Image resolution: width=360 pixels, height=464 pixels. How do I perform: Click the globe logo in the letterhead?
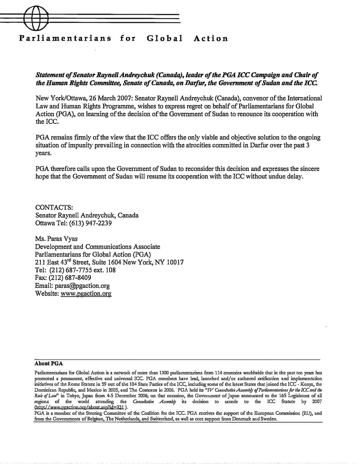36,19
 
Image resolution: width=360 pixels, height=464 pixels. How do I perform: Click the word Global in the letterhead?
165,38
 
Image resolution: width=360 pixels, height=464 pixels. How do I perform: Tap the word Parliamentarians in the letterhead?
65,38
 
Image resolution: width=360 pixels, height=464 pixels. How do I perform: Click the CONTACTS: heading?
54,207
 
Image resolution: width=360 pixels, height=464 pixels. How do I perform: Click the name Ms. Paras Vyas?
56,239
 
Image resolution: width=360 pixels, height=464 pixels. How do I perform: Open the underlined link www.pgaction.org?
86,294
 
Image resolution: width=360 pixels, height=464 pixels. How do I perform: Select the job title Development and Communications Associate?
98,247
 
